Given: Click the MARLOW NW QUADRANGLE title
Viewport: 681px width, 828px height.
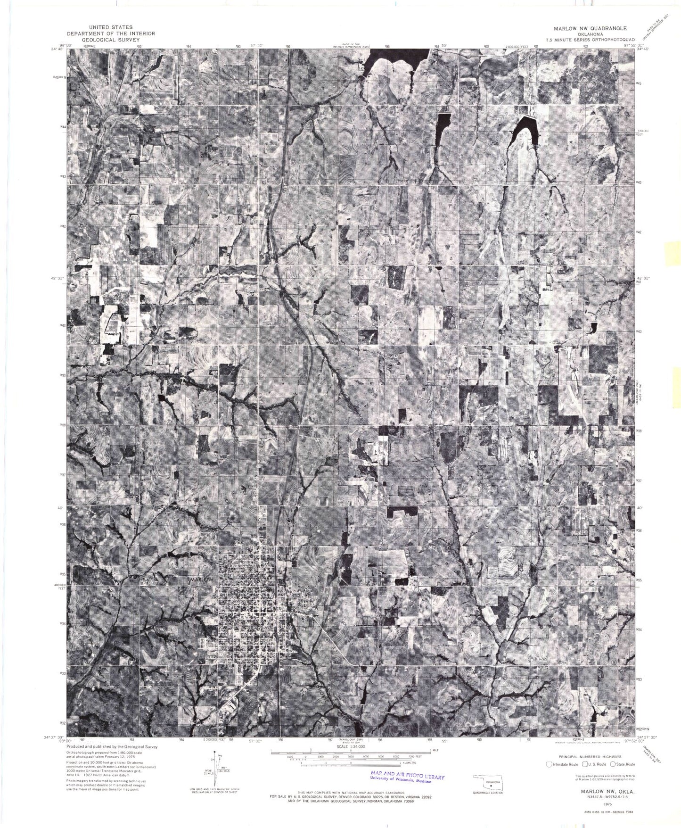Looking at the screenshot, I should pyautogui.click(x=588, y=28).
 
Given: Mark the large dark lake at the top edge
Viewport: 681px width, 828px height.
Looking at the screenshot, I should pyautogui.click(x=394, y=61).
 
